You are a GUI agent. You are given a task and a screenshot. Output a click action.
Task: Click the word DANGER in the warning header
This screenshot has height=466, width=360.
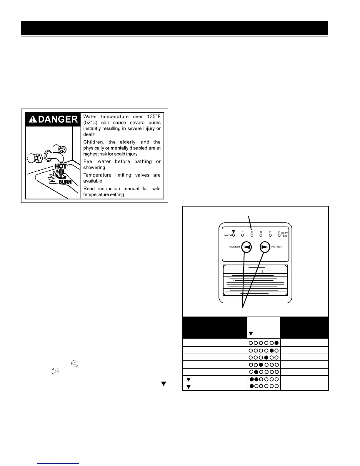tap(58, 119)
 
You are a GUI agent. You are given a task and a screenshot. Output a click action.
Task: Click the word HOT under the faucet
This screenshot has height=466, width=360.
tap(61, 167)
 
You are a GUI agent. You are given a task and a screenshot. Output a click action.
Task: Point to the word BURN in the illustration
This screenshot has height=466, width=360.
tap(65, 182)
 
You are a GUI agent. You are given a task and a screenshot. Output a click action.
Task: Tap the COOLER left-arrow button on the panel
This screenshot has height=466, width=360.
tap(246, 247)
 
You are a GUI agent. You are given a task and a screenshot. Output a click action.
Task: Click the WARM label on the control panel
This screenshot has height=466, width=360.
tap(228, 235)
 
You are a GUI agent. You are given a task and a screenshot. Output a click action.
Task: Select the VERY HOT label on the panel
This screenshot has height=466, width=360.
tap(284, 235)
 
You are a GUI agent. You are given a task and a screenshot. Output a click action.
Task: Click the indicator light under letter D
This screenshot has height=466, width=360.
tap(261, 235)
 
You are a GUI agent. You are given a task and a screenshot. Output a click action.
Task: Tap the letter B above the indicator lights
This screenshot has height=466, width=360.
tap(243, 232)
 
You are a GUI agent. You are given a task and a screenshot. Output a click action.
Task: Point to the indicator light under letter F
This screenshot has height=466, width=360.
tap(279, 235)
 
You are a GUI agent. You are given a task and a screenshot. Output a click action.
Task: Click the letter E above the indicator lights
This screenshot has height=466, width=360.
tap(270, 232)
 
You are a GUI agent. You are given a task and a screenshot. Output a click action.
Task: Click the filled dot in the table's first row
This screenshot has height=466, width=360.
tap(276, 343)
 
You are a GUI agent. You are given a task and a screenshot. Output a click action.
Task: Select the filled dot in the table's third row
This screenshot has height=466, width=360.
tap(266, 357)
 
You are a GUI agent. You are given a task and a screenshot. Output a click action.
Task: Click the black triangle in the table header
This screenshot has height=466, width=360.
tap(251, 334)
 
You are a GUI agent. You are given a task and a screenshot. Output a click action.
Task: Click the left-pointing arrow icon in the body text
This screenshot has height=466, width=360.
tap(75, 364)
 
